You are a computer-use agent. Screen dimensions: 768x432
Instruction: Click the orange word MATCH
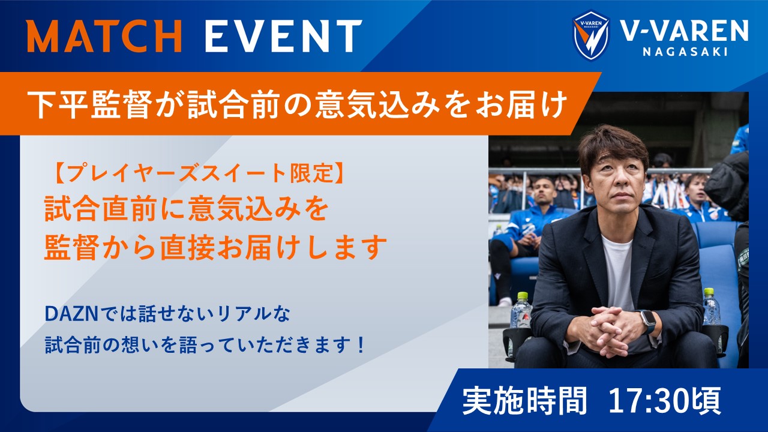104,36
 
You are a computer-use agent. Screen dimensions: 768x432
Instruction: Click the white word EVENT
284,36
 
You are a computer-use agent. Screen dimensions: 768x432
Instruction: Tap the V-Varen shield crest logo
591,35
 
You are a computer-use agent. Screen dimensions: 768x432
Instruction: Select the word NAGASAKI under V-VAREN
685,52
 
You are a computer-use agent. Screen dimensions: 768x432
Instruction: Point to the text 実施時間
524,400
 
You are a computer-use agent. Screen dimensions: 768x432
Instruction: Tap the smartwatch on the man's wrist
646,322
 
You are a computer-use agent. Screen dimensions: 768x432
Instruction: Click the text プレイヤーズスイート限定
199,174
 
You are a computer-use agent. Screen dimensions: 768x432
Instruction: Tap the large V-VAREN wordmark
685,31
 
